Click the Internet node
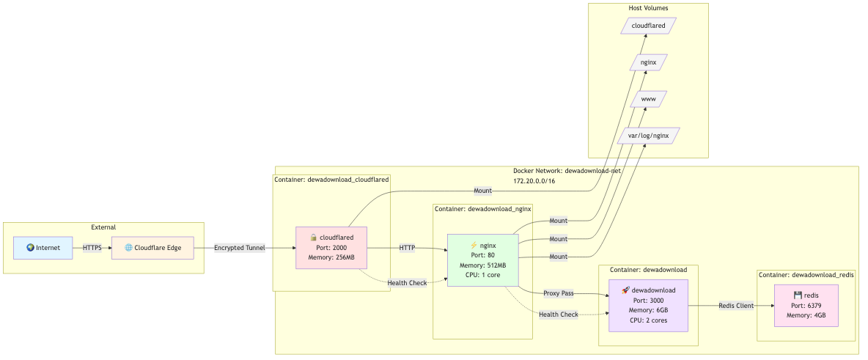tap(43, 248)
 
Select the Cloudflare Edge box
tap(152, 248)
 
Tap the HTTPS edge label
tap(92, 248)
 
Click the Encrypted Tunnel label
tap(240, 248)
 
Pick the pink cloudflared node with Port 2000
tap(331, 248)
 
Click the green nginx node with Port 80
tap(482, 260)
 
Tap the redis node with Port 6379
tap(806, 305)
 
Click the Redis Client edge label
tap(736, 306)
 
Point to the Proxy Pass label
tap(559, 293)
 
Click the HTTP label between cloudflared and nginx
tap(407, 248)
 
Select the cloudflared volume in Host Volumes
tap(648, 26)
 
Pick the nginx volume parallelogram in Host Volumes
tap(648, 62)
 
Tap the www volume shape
tap(648, 99)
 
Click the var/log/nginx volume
tap(648, 136)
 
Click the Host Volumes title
tap(648, 8)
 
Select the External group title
tap(103, 227)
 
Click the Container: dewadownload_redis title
tap(806, 275)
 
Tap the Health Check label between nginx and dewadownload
tap(559, 315)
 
